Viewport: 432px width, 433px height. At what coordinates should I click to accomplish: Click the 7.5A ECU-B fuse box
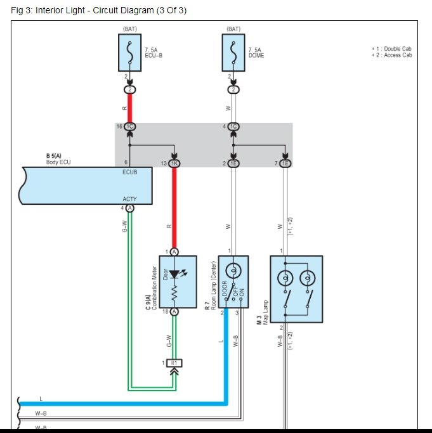pyautogui.click(x=130, y=53)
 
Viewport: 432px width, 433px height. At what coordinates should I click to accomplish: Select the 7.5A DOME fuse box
pyautogui.click(x=233, y=53)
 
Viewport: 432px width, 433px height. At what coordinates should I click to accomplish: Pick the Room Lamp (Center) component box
pyautogui.click(x=233, y=281)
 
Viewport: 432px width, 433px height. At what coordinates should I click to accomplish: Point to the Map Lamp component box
pyautogui.click(x=296, y=281)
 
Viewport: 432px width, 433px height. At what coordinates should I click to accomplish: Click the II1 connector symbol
pyautogui.click(x=174, y=363)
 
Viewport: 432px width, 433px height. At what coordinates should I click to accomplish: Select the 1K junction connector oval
pyautogui.click(x=174, y=164)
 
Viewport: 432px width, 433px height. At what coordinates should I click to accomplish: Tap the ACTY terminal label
pyautogui.click(x=129, y=199)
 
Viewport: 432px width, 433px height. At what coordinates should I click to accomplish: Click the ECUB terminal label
pyautogui.click(x=129, y=171)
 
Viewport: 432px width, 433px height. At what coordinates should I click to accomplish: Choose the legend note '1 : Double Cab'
pyautogui.click(x=392, y=48)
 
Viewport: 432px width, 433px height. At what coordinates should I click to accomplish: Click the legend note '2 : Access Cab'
pyautogui.click(x=392, y=55)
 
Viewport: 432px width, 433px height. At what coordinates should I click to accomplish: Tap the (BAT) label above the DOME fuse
pyautogui.click(x=233, y=29)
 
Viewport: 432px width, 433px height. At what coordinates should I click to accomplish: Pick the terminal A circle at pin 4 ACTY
pyautogui.click(x=130, y=207)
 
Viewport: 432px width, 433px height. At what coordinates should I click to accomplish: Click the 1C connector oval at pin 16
pyautogui.click(x=130, y=127)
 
